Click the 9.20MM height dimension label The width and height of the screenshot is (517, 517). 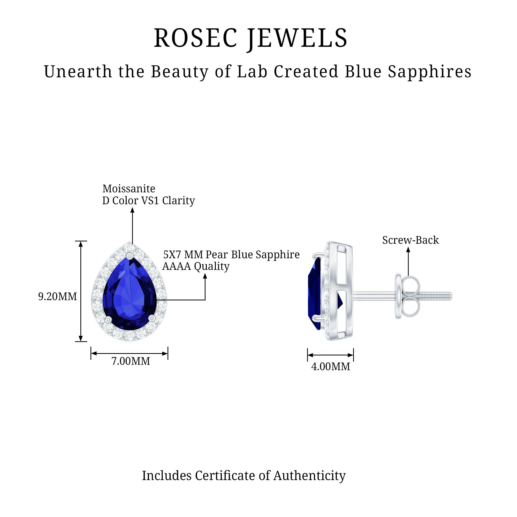tap(58, 296)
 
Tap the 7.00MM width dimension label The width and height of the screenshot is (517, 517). tap(131, 361)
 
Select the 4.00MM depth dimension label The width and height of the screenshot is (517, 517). tap(330, 367)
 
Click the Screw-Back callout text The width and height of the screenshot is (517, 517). tap(410, 240)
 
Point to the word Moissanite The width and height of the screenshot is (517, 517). tap(129, 189)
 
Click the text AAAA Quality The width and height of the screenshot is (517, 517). tap(196, 266)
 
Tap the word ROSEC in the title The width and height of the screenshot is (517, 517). tap(196, 38)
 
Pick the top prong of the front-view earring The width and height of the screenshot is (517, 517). tap(130, 256)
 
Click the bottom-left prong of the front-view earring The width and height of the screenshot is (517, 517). tap(108, 319)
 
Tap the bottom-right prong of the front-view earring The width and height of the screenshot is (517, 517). tap(152, 318)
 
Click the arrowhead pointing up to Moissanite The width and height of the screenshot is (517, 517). tap(132, 210)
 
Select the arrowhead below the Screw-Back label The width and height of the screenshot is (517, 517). tap(408, 250)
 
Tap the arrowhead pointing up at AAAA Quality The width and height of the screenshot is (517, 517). tap(205, 276)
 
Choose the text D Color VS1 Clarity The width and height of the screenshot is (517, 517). tap(149, 201)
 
